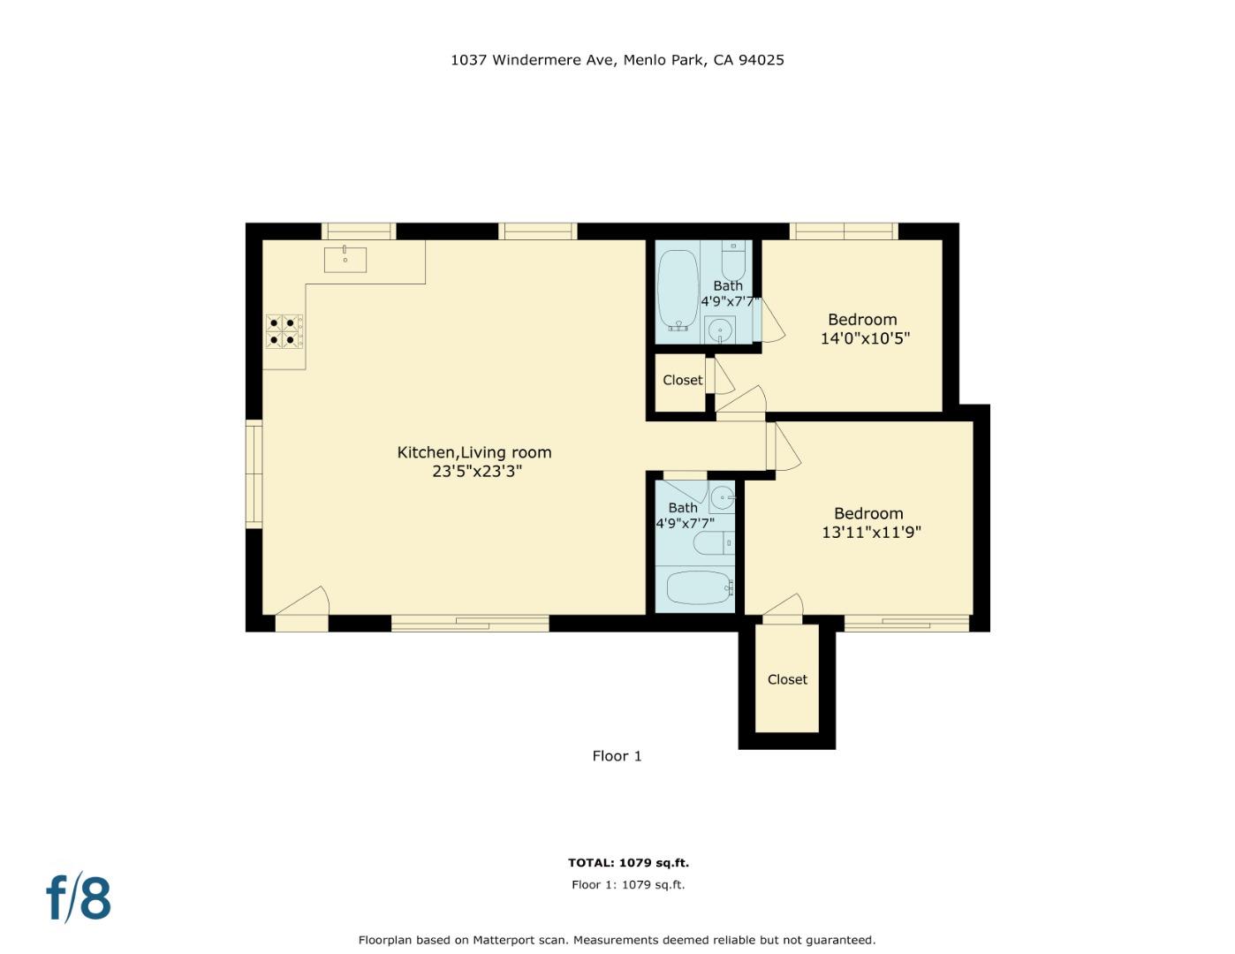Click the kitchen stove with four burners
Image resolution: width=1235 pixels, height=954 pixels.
[x=284, y=331]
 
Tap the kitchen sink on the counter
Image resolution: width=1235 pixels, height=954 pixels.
[x=345, y=259]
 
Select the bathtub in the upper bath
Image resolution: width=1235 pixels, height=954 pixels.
[x=678, y=291]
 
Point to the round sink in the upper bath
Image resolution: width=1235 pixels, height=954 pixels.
[x=720, y=330]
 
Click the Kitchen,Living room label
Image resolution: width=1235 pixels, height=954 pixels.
[x=474, y=452]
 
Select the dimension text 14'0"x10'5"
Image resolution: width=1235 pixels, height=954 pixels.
[x=865, y=338]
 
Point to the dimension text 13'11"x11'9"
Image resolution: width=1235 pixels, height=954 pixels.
[x=871, y=532]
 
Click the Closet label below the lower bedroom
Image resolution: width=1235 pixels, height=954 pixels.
[x=787, y=679]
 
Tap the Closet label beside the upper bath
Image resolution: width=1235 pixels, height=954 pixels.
[x=683, y=380]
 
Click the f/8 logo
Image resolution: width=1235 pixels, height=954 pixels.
[x=79, y=898]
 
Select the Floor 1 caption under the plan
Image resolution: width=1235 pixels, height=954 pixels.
[x=617, y=756]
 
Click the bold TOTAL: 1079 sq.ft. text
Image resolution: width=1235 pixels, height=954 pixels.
[x=628, y=863]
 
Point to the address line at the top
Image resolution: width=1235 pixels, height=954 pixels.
[x=617, y=60]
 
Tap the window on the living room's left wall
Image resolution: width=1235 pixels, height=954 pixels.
[x=254, y=474]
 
